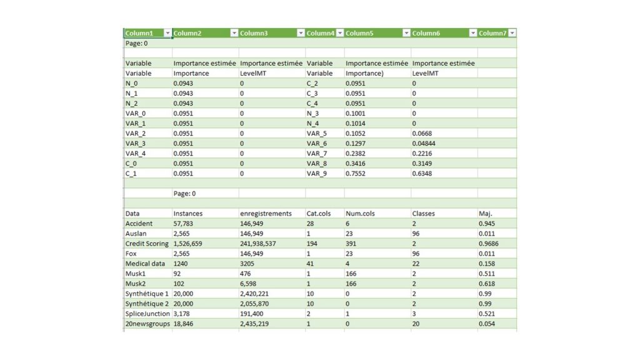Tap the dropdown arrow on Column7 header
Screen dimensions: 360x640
[512, 33]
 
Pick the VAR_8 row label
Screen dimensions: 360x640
[317, 163]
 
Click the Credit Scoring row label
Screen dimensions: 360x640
[147, 243]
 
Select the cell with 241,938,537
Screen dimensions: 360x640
[262, 243]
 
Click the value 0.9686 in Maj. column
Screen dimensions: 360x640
[489, 243]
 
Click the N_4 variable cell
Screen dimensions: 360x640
[313, 123]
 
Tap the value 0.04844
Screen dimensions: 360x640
[424, 143]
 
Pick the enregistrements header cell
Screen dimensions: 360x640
[266, 213]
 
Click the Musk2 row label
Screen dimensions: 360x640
[136, 283]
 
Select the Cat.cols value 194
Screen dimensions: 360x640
[312, 243]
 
